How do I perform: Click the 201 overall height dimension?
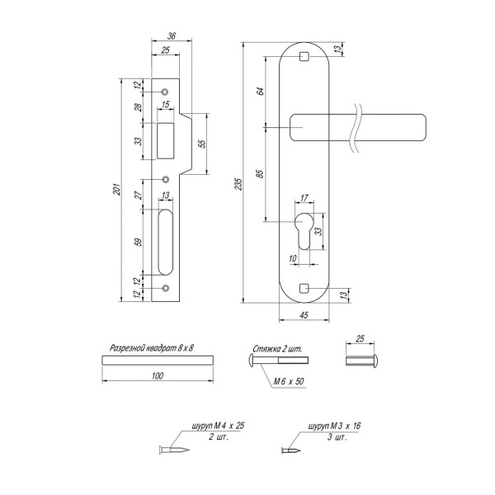tap(117, 189)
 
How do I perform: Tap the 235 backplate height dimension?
tap(238, 184)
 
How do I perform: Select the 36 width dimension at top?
tap(172, 36)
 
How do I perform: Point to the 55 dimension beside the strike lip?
tap(203, 144)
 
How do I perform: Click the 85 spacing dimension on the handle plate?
tap(260, 174)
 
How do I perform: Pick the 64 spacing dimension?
tap(260, 92)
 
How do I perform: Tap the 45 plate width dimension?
tap(304, 315)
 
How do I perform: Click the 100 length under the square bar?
tap(158, 375)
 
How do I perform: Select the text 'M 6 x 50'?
tap(289, 381)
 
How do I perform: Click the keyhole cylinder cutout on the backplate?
tap(304, 231)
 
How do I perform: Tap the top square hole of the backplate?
tap(304, 56)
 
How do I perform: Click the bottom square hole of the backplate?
tap(304, 288)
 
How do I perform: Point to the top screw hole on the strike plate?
tap(164, 92)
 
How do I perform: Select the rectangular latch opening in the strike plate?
tap(166, 140)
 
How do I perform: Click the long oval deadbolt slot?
tap(166, 242)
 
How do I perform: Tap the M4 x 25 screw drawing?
tap(174, 450)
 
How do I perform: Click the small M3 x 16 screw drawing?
tap(290, 450)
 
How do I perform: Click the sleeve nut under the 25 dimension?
tap(361, 361)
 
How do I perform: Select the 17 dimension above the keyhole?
tap(304, 198)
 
